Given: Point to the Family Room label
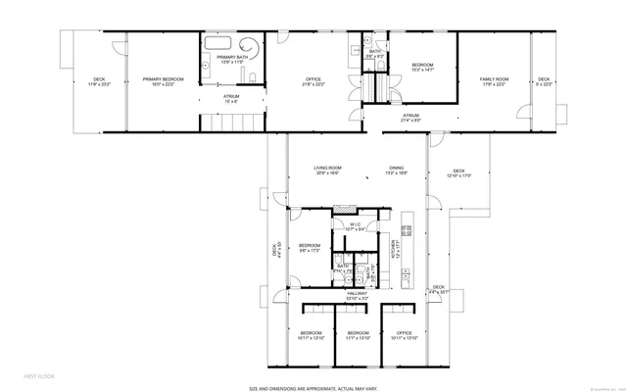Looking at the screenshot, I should [493, 81].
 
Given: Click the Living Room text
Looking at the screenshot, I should [326, 170].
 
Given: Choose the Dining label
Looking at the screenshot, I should [396, 170].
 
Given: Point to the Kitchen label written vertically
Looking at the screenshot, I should [395, 251].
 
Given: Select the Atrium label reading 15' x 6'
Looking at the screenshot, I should [231, 98].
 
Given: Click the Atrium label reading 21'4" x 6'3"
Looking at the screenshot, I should [410, 117].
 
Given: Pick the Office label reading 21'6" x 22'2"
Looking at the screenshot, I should [313, 81].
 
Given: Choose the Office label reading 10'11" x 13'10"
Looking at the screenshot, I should [405, 335].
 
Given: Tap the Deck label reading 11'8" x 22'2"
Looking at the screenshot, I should [99, 81].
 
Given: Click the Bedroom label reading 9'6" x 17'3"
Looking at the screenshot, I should [311, 247].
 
